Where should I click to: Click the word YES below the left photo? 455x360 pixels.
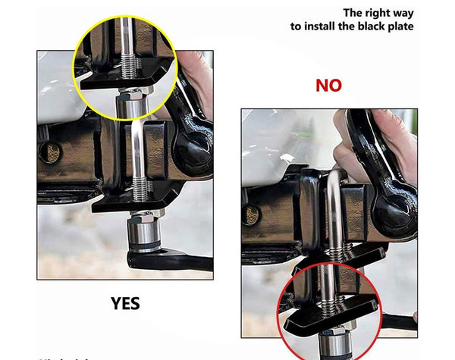click(x=125, y=303)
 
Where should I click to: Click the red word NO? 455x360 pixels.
click(x=328, y=85)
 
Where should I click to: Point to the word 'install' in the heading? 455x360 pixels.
click(x=323, y=26)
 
